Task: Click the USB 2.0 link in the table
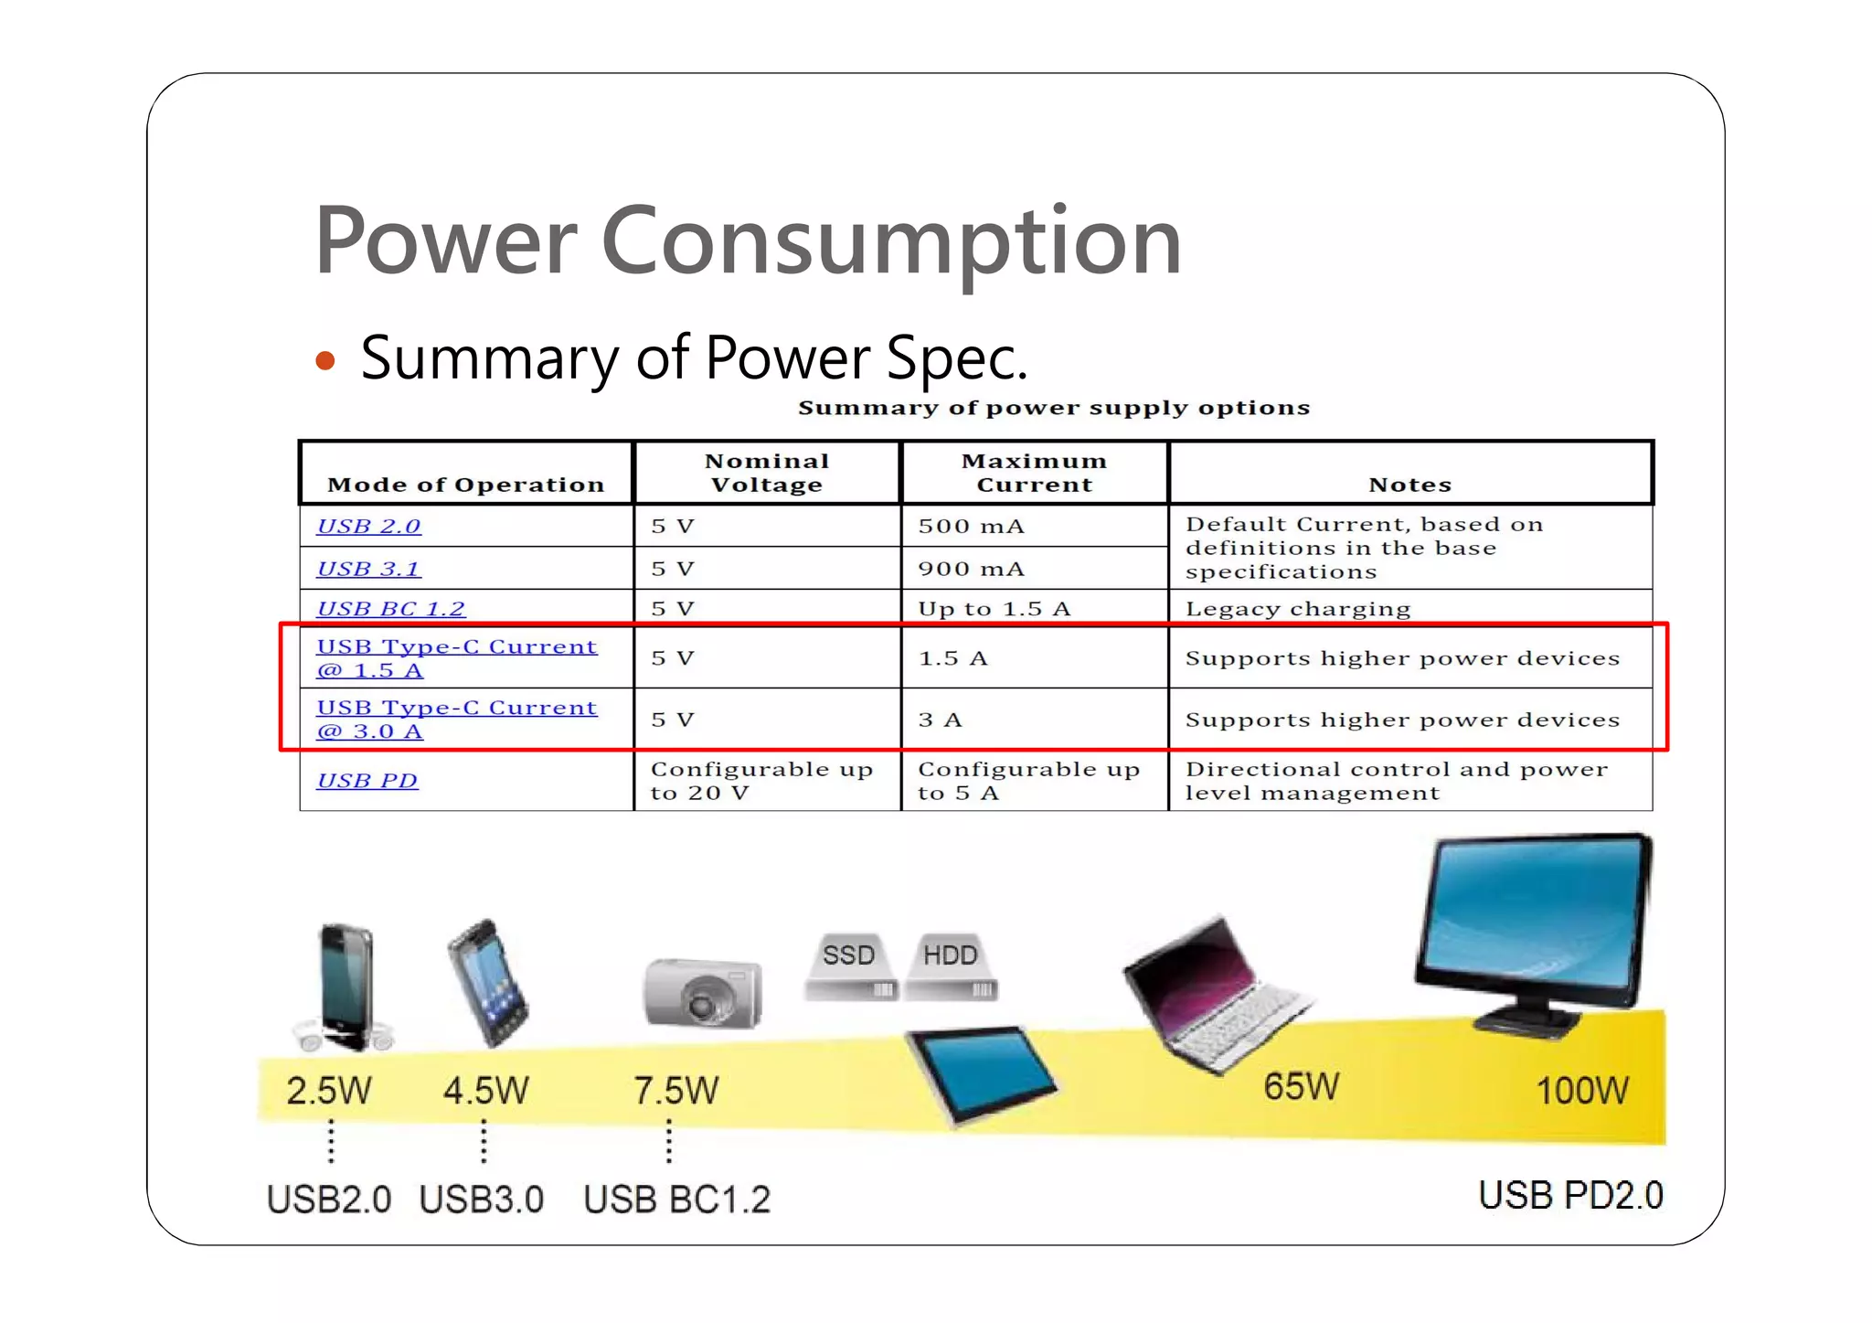[368, 527]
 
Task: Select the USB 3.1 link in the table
[368, 569]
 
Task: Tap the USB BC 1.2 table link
[390, 609]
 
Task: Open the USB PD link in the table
[367, 781]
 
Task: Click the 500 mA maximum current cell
[971, 527]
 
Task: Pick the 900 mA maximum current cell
[971, 569]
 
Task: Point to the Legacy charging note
[1297, 609]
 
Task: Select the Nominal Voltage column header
[767, 473]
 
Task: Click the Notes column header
[1409, 485]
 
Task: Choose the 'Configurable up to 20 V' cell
[761, 781]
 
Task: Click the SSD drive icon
[849, 967]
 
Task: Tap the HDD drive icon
[951, 967]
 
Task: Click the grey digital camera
[702, 994]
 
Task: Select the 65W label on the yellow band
[1301, 1087]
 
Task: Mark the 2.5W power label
[328, 1091]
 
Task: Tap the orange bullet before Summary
[324, 361]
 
